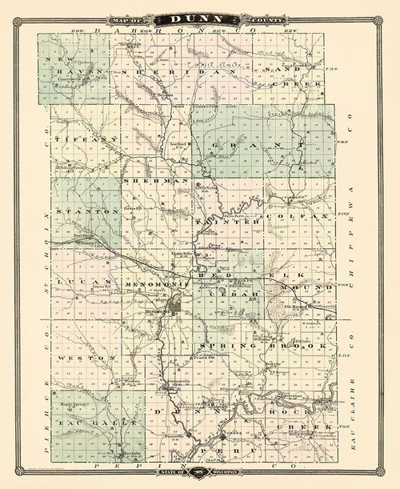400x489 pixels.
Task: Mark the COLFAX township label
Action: point(291,217)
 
